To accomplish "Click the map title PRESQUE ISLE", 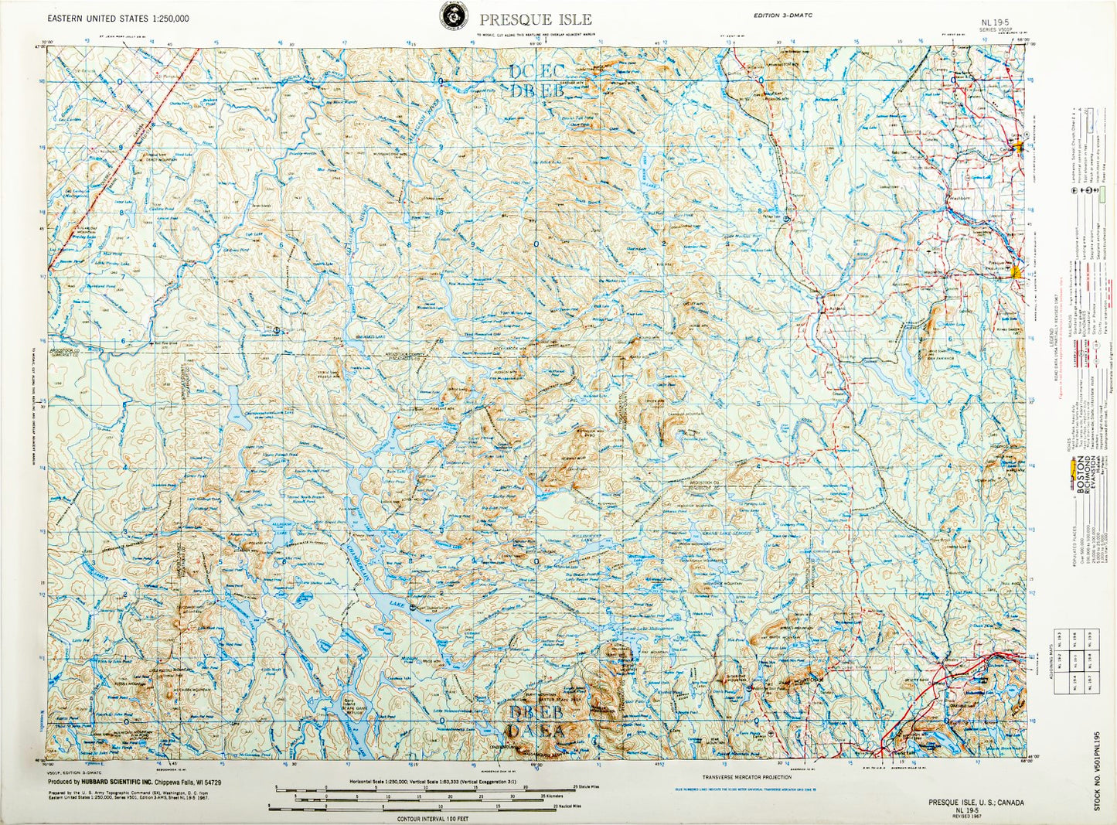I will tap(535, 20).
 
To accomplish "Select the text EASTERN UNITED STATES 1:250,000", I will tap(117, 19).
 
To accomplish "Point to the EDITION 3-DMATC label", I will tap(783, 15).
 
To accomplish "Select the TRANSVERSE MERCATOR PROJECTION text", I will tap(747, 777).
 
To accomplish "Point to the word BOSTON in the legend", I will tap(1081, 475).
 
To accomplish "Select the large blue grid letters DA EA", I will tap(536, 731).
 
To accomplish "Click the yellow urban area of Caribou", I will tap(1019, 146).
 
